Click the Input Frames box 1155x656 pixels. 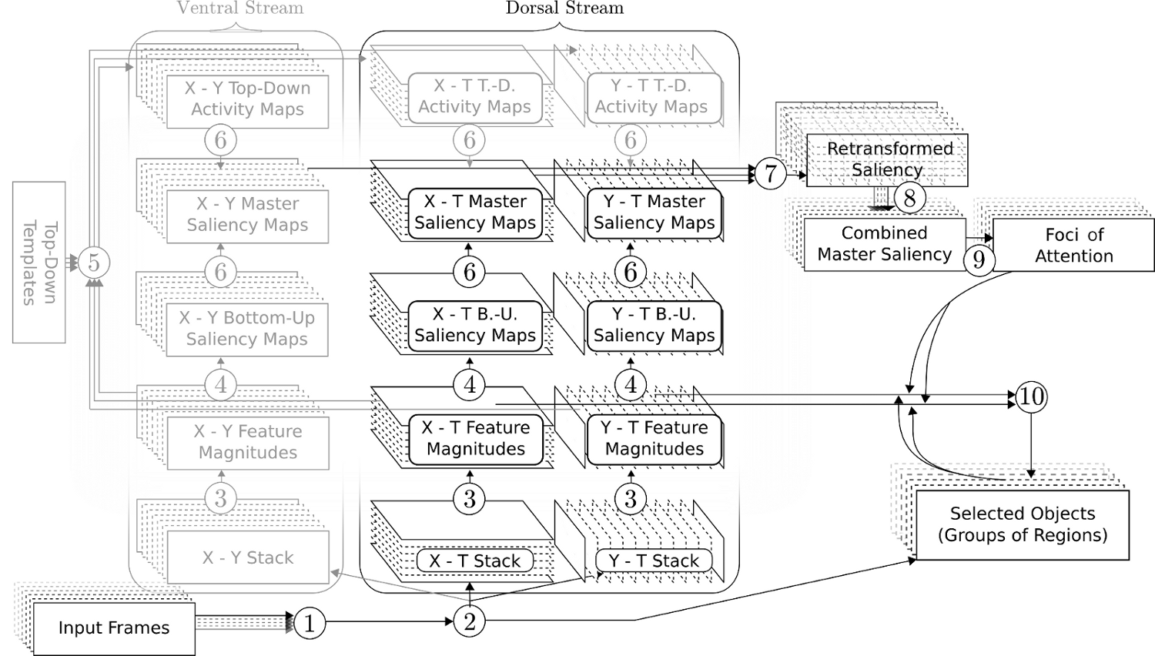(x=113, y=628)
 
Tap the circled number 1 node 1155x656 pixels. (x=310, y=622)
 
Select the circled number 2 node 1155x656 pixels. (x=470, y=621)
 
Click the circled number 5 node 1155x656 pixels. (x=94, y=263)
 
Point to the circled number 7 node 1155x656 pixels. (x=770, y=173)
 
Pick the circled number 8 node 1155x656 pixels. (x=909, y=198)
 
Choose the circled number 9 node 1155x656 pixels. (x=979, y=259)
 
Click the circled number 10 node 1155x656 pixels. (x=1031, y=397)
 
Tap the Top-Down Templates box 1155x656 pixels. (x=39, y=263)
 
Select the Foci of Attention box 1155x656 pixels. (x=1073, y=246)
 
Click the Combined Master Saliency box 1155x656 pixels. (x=884, y=244)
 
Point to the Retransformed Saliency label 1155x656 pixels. (x=889, y=159)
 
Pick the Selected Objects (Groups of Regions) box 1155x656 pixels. (x=1022, y=524)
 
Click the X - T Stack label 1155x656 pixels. (x=475, y=561)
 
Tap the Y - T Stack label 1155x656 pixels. (x=654, y=561)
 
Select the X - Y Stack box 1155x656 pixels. (x=248, y=557)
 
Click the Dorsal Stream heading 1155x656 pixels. (x=564, y=8)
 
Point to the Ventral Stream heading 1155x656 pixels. (x=240, y=8)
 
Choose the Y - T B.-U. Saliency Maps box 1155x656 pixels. (x=654, y=325)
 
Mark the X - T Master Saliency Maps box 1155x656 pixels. (x=475, y=213)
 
